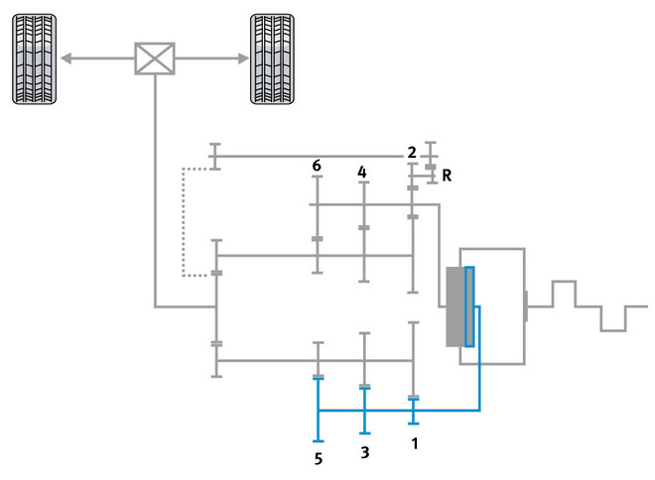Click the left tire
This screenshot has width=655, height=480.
click(x=35, y=59)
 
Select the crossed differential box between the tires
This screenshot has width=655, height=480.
click(x=155, y=59)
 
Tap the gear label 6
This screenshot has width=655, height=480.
click(x=316, y=166)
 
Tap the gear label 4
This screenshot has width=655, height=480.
click(x=363, y=172)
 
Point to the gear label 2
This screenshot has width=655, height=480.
click(x=411, y=153)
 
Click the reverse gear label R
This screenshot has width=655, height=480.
click(x=448, y=177)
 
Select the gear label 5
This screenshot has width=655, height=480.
click(x=319, y=459)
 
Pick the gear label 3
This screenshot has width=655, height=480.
click(x=365, y=452)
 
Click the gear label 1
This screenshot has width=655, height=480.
click(x=415, y=443)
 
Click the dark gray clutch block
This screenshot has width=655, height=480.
click(x=455, y=306)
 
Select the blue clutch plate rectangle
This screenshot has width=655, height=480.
click(x=469, y=306)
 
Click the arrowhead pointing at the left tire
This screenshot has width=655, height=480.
click(x=65, y=59)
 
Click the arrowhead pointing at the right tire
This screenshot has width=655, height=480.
click(x=243, y=59)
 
